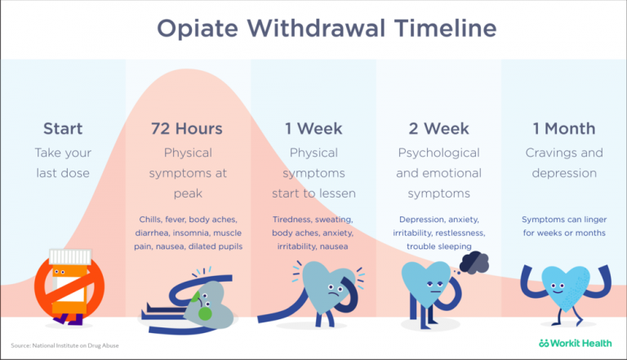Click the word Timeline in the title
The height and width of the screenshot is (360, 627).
click(446, 29)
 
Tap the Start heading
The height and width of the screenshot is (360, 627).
click(63, 129)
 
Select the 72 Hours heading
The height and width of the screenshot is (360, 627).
click(187, 129)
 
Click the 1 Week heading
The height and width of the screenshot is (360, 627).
click(313, 129)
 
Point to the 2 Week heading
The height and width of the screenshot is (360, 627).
click(438, 129)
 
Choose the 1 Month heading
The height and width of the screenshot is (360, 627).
click(564, 129)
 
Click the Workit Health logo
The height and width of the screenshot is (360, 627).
click(575, 343)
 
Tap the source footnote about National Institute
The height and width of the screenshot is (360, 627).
click(64, 345)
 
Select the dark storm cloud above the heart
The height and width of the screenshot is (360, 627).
click(474, 262)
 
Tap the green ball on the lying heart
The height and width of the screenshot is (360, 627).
click(205, 313)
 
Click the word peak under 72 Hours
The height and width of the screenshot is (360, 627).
click(188, 193)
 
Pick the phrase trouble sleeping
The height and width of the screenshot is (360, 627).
click(439, 247)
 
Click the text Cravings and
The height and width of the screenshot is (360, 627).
click(564, 153)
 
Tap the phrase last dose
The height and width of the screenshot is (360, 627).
click(63, 173)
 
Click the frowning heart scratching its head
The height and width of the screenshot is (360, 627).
click(328, 288)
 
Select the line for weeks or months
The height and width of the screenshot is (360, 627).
click(564, 233)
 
